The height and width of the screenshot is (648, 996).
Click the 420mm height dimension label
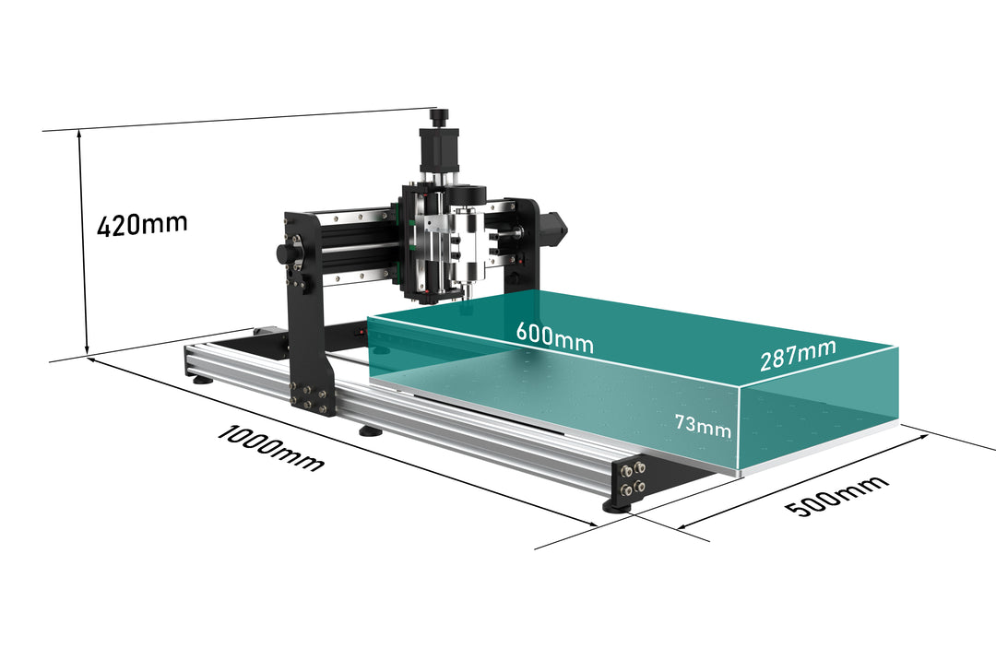[142, 224]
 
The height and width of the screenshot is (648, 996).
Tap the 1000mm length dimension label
[271, 449]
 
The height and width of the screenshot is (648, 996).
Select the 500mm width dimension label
[836, 495]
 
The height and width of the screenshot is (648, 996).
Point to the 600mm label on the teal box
[554, 337]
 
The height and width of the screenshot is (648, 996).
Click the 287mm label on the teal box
[798, 355]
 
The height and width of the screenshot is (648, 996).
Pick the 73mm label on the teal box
[703, 426]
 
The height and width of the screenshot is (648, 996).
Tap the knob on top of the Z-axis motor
[438, 117]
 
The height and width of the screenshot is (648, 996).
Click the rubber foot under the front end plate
[618, 506]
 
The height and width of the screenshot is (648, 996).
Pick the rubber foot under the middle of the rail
[371, 431]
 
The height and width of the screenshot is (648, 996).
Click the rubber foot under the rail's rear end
[203, 381]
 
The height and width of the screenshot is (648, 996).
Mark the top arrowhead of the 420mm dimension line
[79, 134]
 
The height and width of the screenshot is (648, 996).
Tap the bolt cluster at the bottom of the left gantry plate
[312, 398]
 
